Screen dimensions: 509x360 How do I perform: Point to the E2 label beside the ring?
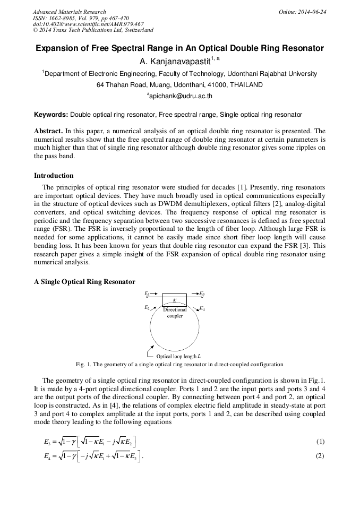pos(147,307)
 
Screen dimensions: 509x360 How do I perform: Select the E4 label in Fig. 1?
pos(202,308)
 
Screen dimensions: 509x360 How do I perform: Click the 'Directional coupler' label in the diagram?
pos(175,313)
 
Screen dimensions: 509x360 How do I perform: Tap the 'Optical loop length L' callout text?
pos(178,356)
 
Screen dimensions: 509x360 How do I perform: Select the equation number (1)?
pos(320,442)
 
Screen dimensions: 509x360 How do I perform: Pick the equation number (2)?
pos(320,455)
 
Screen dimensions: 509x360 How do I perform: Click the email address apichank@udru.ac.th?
pos(180,96)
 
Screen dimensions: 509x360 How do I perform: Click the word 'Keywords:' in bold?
pos(51,115)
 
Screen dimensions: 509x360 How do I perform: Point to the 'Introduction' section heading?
pos(54,176)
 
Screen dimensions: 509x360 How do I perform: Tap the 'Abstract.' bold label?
pos(48,131)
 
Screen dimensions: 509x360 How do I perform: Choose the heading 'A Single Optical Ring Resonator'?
pos(84,281)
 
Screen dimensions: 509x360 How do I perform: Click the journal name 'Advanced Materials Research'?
pos(69,12)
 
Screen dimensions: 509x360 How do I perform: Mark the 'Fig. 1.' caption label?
pos(85,365)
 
